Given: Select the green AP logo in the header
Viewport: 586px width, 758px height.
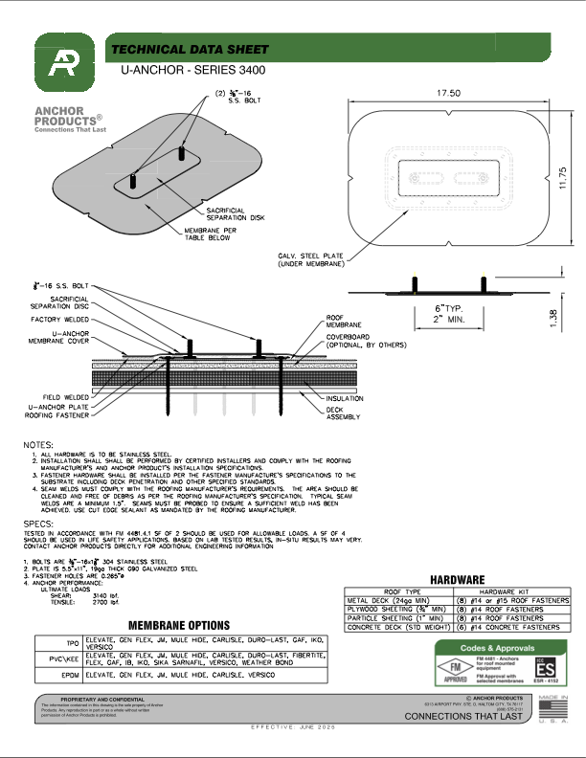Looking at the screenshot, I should (67, 60).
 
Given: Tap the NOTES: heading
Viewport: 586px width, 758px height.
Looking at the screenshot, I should (38, 444).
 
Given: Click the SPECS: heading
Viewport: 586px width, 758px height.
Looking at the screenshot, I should (38, 524).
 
